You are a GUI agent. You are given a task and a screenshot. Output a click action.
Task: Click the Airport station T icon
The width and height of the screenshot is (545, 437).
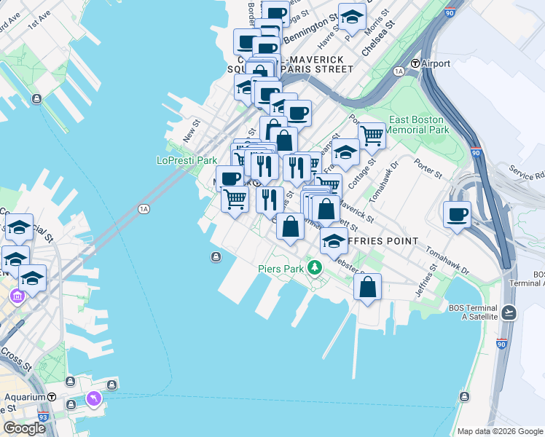click(415, 63)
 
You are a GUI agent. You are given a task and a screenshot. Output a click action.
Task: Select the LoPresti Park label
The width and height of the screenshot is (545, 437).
click(187, 160)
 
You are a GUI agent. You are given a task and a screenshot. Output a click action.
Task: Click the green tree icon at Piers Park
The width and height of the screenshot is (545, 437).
click(315, 268)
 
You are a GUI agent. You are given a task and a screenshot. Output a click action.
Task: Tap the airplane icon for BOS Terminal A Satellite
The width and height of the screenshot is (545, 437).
click(509, 312)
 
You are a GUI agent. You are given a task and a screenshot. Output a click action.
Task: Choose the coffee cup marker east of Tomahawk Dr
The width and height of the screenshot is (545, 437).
click(457, 214)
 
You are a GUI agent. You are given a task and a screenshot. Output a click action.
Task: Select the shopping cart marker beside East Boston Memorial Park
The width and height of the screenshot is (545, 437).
click(372, 135)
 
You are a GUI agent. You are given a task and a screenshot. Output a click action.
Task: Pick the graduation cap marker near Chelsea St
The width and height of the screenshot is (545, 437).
click(353, 16)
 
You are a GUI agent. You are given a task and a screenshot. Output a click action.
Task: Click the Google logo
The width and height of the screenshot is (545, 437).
click(24, 428)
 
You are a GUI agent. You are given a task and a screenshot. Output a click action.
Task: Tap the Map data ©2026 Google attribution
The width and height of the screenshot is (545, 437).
click(500, 431)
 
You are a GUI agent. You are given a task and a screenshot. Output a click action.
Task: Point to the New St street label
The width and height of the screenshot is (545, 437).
click(192, 132)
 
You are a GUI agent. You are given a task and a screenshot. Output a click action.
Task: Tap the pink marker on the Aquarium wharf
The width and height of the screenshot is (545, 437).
click(94, 398)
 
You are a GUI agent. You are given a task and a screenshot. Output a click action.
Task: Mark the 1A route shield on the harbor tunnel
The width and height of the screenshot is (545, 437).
click(144, 209)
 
